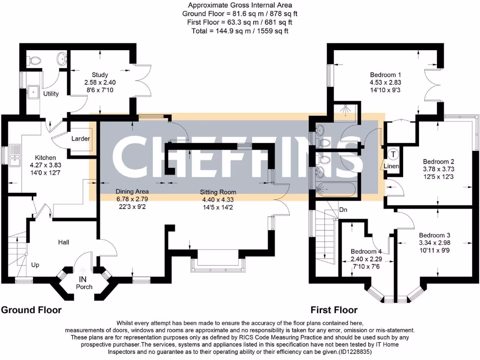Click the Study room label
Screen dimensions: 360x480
point(100,75)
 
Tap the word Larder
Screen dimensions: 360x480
point(81,139)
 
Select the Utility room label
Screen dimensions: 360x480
point(51,94)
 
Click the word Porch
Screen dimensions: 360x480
point(84,287)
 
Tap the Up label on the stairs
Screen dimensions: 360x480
point(35,265)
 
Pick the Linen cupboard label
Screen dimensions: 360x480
point(391,166)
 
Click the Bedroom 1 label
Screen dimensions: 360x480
point(385,75)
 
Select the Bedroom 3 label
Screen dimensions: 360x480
point(435,235)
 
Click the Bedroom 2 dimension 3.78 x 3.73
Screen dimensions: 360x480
point(439,169)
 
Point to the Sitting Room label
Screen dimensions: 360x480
point(218,192)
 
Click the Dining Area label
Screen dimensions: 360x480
point(132,191)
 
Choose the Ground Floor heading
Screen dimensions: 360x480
point(31,310)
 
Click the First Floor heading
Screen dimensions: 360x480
point(334,310)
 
